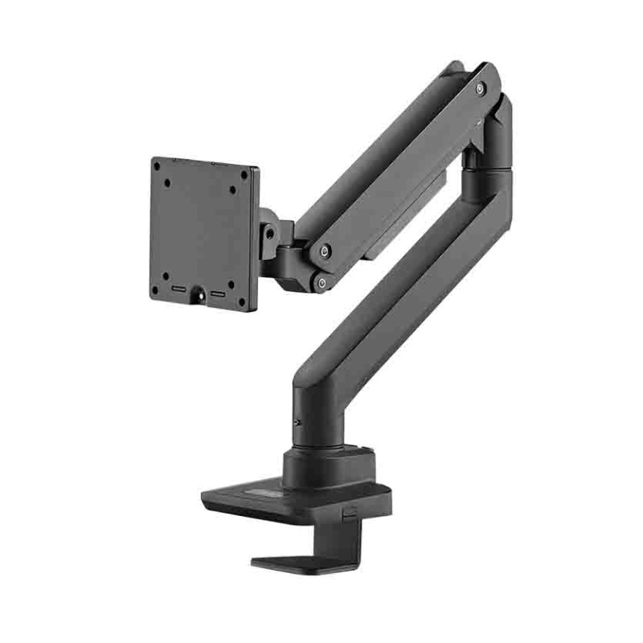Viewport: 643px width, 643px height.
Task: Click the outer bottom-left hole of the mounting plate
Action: [156, 290]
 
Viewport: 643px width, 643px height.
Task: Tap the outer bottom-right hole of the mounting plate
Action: [242, 301]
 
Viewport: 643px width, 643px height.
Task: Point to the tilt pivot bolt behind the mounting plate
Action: [269, 234]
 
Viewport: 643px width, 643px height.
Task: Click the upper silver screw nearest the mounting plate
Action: [323, 251]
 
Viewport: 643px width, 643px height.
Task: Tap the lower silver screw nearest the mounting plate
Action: [321, 281]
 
